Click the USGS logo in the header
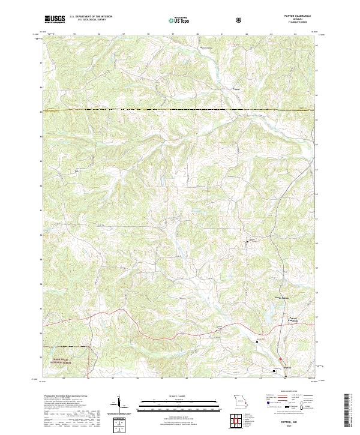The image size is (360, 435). coord(55,20)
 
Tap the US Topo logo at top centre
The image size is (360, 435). coord(179,20)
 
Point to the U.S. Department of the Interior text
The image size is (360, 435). coord(90,16)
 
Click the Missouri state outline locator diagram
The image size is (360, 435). coord(239,400)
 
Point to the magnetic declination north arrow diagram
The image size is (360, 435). coord(120,404)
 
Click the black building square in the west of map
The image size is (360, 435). coord(77,172)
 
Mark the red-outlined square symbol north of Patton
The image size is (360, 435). coord(280,359)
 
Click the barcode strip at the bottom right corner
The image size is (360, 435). coord(352,414)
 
